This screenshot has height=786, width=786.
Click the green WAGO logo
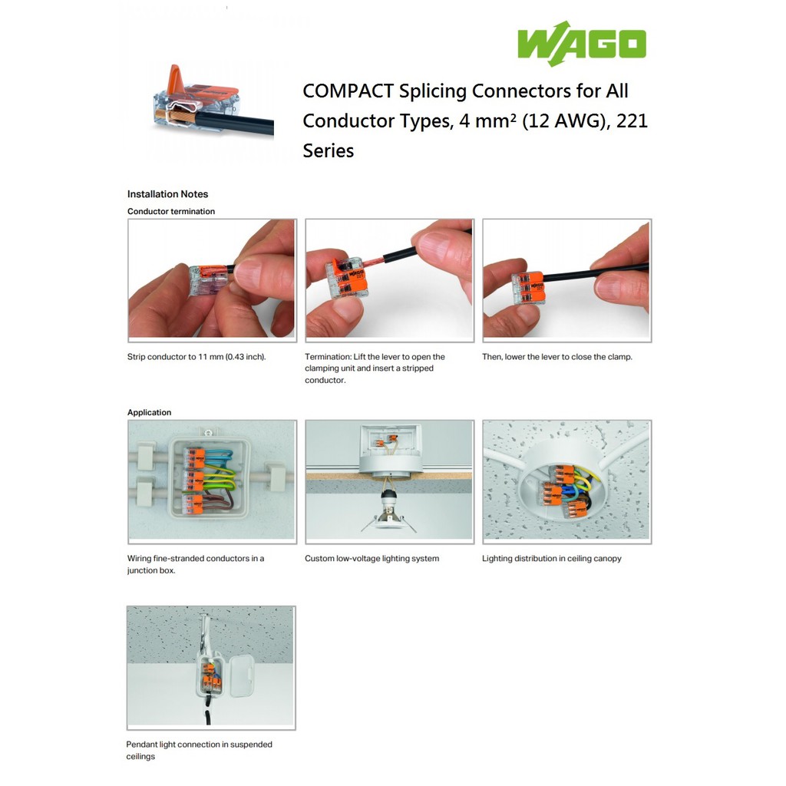(582, 44)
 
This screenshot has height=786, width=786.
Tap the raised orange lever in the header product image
(176, 79)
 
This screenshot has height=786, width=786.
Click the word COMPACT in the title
(348, 91)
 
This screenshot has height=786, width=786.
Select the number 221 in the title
(632, 121)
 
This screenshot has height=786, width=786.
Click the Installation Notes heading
(167, 194)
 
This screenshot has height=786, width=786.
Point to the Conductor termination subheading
(171, 212)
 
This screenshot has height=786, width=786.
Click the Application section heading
(149, 412)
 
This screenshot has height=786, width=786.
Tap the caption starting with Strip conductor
(196, 357)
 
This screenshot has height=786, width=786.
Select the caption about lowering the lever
(557, 357)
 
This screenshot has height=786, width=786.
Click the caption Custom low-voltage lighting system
(372, 559)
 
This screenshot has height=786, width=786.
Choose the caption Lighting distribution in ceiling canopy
(551, 559)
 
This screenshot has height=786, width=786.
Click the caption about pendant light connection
(199, 751)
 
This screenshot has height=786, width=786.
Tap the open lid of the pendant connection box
(241, 676)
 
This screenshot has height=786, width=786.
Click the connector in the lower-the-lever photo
(528, 288)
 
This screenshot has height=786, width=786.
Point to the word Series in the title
(329, 151)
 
